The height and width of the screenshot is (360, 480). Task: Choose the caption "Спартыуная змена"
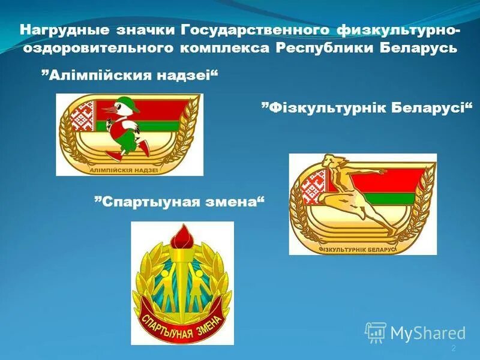[x=179, y=200]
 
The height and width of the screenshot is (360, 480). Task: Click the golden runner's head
[x=329, y=161]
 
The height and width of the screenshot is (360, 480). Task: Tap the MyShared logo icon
[x=376, y=332]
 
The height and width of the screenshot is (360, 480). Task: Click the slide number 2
[x=454, y=349]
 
